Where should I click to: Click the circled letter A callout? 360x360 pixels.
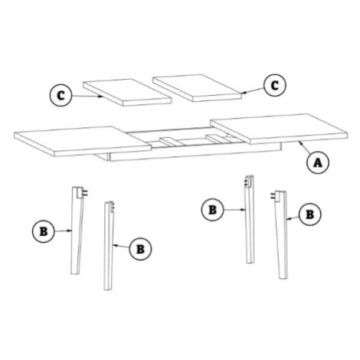click(x=318, y=162)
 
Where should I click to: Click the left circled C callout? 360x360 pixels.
click(x=61, y=96)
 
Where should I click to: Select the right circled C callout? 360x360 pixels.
click(x=275, y=85)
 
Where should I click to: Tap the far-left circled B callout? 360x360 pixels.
click(x=44, y=231)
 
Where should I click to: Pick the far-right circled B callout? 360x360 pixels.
click(x=310, y=214)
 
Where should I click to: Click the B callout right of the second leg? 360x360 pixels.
click(x=140, y=249)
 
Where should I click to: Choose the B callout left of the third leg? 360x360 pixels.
click(x=212, y=210)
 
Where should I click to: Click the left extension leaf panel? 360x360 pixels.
click(x=127, y=92)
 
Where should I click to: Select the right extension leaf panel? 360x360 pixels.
click(x=197, y=87)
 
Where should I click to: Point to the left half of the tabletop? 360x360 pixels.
click(x=83, y=141)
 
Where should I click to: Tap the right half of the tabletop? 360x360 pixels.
click(x=279, y=129)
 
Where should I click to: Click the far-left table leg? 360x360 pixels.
click(x=76, y=231)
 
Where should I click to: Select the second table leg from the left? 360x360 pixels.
click(x=109, y=246)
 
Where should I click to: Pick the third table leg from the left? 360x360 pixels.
click(x=250, y=219)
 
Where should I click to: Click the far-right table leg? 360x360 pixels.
click(x=281, y=235)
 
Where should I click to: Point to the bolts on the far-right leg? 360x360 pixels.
click(x=273, y=196)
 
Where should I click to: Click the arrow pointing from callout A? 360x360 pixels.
click(x=305, y=148)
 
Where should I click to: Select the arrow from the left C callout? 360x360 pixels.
click(x=87, y=96)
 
